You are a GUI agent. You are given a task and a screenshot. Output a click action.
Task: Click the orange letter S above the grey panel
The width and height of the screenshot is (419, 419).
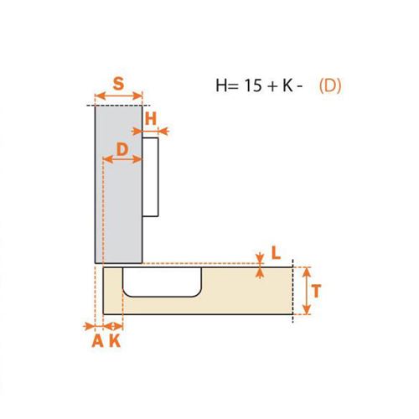(118, 83)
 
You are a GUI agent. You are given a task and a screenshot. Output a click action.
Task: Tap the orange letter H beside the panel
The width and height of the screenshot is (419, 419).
(151, 119)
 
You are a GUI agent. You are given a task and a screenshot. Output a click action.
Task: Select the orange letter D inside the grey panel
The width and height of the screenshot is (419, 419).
(122, 149)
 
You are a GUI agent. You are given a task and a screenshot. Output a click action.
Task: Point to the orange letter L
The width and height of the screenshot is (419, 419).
(276, 253)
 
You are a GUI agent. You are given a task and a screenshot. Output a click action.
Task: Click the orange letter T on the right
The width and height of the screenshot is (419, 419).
(316, 291)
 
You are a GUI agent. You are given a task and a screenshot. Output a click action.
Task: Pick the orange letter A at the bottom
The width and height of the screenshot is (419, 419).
(98, 341)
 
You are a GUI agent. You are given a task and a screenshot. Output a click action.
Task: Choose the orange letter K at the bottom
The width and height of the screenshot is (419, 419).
(115, 341)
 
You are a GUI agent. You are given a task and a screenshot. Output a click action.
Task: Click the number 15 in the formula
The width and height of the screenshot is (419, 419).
(253, 85)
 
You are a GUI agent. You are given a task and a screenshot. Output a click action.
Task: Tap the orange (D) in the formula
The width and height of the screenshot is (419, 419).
(330, 85)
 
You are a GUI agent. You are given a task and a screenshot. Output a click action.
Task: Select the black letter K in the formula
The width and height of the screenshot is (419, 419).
(287, 85)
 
